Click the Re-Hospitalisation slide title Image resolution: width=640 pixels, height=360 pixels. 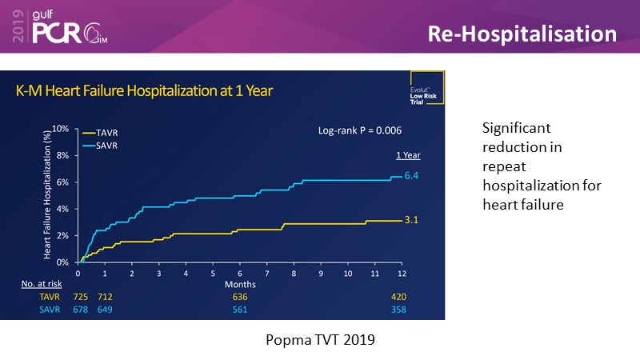(x=522, y=34)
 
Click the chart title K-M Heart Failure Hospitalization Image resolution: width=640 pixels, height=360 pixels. (x=145, y=91)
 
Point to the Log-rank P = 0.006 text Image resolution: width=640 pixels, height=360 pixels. (x=359, y=130)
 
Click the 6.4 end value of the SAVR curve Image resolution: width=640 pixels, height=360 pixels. (x=411, y=174)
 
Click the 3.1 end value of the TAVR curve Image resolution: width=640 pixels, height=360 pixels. (x=411, y=218)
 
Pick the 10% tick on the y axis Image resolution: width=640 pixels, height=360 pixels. (x=61, y=128)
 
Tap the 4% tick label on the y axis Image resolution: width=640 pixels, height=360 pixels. (x=62, y=209)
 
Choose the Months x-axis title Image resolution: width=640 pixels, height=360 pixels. (x=239, y=283)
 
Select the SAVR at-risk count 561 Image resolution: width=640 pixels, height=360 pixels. (x=240, y=310)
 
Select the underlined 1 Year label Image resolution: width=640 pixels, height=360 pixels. (x=408, y=155)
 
